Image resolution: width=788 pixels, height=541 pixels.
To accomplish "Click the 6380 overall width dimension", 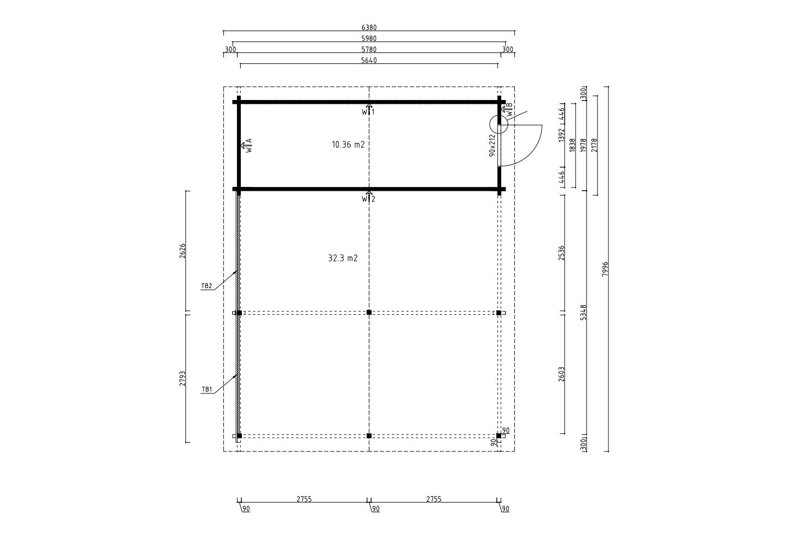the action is click(369, 27).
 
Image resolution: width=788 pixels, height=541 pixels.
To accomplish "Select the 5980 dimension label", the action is click(369, 38).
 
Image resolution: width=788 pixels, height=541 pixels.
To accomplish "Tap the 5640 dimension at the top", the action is click(369, 61).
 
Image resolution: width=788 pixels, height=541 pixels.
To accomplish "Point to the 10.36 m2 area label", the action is click(348, 144).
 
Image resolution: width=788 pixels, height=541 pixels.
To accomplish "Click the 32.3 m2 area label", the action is click(343, 258).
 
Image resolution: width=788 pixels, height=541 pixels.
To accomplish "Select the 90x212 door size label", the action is click(492, 145).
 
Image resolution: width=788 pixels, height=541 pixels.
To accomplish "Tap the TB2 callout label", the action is click(206, 286).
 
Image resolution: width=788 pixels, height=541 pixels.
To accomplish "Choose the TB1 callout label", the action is click(207, 389).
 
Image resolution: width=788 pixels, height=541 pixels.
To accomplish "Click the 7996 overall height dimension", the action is click(605, 269).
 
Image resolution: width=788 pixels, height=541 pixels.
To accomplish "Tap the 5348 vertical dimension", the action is click(583, 313).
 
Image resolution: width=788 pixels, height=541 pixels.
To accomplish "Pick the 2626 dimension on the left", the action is click(183, 251).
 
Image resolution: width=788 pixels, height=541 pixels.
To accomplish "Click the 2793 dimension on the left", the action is click(183, 379).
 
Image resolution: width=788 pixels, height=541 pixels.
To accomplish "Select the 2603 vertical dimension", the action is click(561, 374).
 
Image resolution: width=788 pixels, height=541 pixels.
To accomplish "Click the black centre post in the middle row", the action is click(369, 313).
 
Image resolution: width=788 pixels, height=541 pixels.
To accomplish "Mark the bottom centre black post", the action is click(369, 436).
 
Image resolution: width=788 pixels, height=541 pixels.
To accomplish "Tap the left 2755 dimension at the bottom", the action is click(304, 499).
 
